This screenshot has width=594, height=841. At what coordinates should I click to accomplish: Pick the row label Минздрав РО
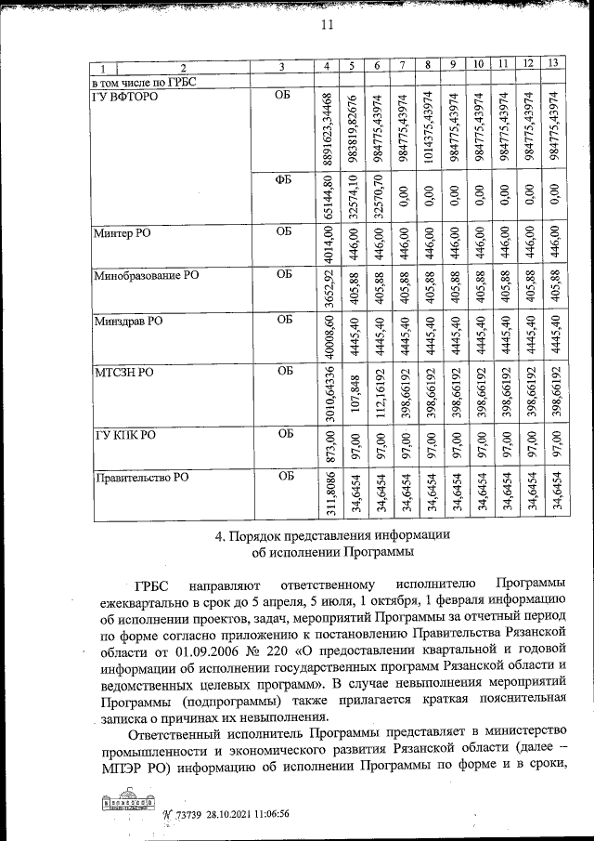[x=128, y=322]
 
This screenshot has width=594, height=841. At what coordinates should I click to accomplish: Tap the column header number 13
[x=552, y=64]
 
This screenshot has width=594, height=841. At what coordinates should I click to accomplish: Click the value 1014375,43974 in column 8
[x=426, y=129]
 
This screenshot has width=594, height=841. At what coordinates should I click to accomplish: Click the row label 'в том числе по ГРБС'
[x=143, y=81]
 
